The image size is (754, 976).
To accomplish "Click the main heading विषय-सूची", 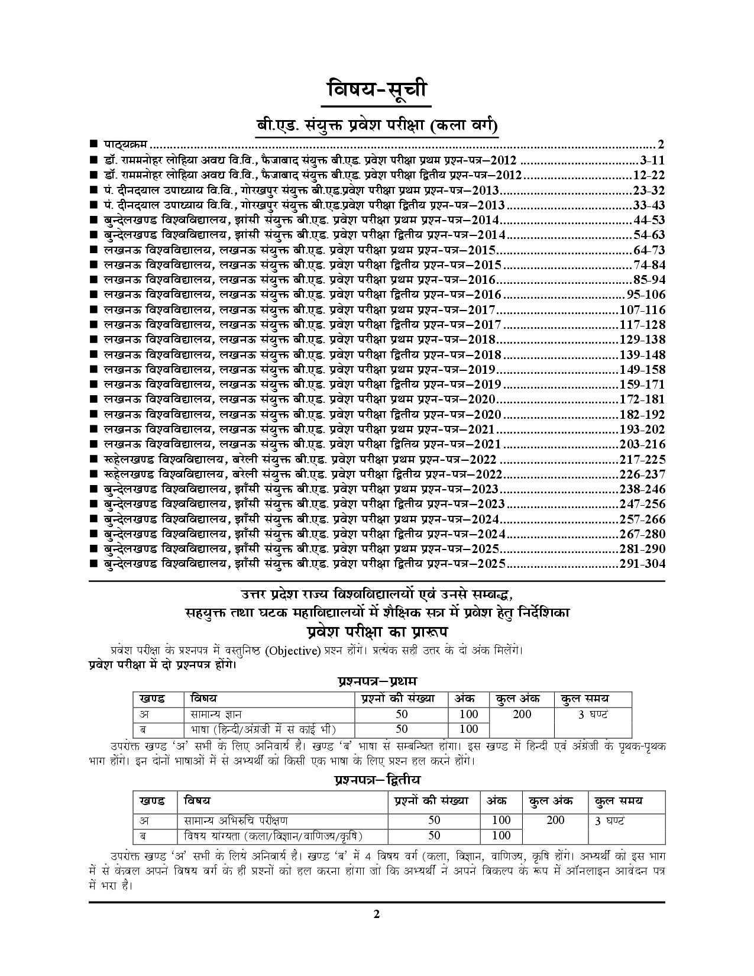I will [376, 92].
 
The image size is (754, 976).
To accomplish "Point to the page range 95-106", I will [645, 295].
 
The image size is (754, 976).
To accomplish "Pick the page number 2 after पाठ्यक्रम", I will [661, 145].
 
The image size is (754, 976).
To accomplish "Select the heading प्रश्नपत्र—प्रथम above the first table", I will [377, 681].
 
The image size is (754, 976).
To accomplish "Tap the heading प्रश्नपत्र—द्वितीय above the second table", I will [377, 781].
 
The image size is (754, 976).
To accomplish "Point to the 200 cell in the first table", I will [522, 715].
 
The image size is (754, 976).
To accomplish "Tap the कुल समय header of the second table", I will [619, 802].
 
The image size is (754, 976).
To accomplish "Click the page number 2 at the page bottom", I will [376, 930].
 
